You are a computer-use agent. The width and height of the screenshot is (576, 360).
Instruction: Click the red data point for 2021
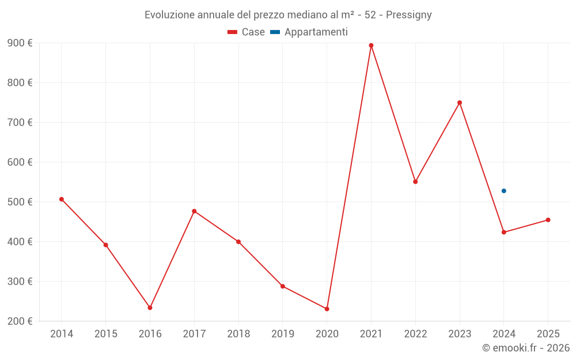point(371,46)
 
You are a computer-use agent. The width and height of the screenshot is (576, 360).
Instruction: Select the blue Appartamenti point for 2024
point(504,191)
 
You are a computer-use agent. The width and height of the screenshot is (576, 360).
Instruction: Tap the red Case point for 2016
point(150,308)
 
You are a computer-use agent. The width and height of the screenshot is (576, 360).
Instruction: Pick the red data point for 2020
point(327,309)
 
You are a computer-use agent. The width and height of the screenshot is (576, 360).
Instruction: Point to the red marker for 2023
point(460,103)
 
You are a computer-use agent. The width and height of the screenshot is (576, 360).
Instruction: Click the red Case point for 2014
point(62,199)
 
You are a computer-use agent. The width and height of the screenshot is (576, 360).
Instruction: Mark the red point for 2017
point(194,211)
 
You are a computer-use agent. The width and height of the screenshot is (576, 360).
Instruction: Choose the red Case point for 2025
point(548,220)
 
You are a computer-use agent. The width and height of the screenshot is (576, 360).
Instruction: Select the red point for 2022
point(415,181)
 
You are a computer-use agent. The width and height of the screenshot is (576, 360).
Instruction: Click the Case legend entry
point(246,32)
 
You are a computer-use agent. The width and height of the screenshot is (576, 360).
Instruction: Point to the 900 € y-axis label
point(20,43)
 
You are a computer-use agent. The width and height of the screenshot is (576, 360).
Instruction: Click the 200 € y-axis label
point(20,321)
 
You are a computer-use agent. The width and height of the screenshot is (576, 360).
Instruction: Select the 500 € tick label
point(20,202)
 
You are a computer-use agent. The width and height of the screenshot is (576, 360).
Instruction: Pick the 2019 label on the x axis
point(283,334)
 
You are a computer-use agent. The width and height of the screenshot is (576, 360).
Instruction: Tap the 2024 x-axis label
point(504,334)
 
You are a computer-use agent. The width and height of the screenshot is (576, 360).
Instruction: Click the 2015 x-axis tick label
point(106,334)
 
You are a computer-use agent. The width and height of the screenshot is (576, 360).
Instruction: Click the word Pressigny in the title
point(409,15)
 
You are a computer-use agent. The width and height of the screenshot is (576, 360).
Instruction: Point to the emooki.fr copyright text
point(526,348)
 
